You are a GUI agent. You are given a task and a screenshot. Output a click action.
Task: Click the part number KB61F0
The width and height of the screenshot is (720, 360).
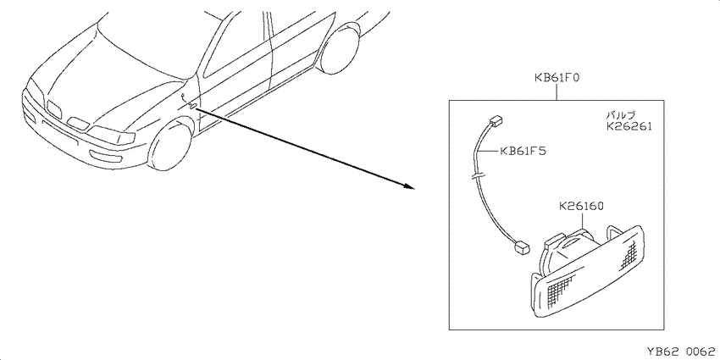point(556,78)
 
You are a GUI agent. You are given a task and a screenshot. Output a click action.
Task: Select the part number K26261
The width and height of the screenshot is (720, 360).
point(629,126)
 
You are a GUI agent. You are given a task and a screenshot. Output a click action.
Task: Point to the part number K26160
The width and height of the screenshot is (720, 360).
point(581,207)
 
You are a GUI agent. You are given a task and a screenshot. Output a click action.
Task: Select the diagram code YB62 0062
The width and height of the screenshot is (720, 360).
point(681,352)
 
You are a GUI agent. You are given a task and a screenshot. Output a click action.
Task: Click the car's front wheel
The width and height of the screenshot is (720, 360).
point(171,147)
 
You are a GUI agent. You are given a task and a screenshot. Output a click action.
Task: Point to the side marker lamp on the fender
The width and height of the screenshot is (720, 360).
point(193,106)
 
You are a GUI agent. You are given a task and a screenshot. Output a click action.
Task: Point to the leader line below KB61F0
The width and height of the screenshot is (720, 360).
point(557,92)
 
